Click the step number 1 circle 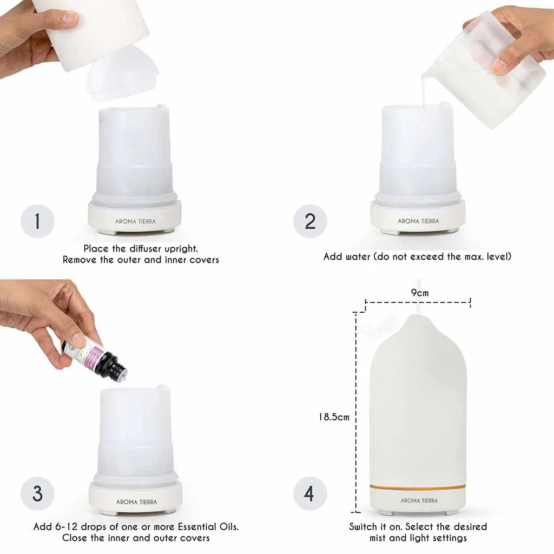click(x=37, y=221)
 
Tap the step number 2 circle click(x=310, y=221)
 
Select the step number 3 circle click(x=37, y=493)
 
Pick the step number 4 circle click(x=310, y=493)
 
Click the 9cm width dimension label click(x=419, y=293)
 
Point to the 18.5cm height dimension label click(x=334, y=417)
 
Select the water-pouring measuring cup click(x=484, y=70)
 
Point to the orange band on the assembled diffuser click(x=418, y=487)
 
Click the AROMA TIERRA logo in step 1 click(x=135, y=221)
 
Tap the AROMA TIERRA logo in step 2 click(x=418, y=221)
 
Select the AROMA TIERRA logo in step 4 click(x=419, y=501)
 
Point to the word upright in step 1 click(x=180, y=248)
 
